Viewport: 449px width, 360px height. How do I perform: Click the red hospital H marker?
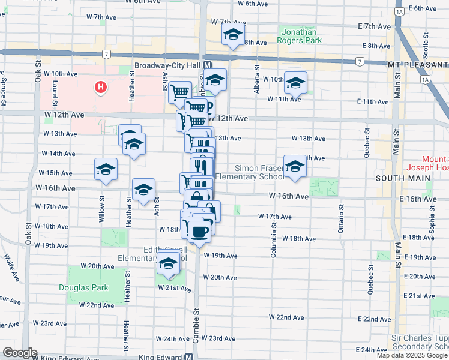[101, 88]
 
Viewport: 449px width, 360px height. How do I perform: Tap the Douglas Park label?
[83, 287]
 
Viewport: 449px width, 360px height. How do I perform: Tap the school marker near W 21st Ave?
[169, 265]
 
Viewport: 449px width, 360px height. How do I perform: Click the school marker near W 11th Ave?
[295, 83]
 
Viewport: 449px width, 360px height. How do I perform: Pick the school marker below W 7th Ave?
[234, 35]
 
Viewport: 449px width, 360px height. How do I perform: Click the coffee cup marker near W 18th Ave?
[199, 231]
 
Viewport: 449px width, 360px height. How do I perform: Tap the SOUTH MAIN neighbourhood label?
[396, 179]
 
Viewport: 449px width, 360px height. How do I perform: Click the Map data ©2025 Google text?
[412, 355]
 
